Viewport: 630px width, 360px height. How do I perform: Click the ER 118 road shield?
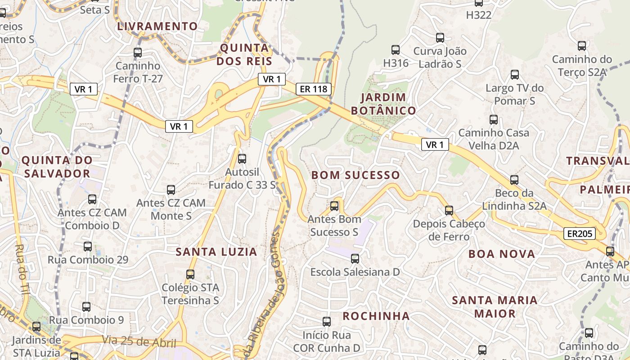click(314, 89)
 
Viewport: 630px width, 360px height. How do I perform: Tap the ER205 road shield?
click(579, 233)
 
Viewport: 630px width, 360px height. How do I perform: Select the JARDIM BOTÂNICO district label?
click(383, 104)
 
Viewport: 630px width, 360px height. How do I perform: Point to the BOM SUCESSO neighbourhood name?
click(355, 175)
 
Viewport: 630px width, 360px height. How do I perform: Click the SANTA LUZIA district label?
click(216, 252)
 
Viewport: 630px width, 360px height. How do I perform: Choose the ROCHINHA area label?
click(376, 316)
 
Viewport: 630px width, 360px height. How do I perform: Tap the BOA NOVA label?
click(502, 254)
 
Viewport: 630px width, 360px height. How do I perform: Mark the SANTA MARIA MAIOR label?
click(495, 306)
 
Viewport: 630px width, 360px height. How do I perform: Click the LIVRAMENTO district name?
click(157, 26)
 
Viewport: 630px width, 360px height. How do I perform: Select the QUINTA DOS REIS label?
click(245, 54)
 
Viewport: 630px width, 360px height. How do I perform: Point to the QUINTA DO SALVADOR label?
click(57, 166)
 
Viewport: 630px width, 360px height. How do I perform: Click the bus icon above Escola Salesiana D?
click(355, 259)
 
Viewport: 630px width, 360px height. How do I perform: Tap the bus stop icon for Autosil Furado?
click(242, 158)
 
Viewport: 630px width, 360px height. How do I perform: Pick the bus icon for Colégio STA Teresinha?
click(190, 274)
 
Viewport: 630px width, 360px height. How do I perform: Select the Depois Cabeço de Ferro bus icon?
click(449, 210)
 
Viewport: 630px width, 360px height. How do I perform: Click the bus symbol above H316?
click(396, 50)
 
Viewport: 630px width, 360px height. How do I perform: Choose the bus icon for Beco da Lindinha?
click(514, 180)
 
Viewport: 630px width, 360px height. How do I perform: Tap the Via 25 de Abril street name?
click(139, 342)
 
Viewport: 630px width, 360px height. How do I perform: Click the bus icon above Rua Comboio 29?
click(88, 246)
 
